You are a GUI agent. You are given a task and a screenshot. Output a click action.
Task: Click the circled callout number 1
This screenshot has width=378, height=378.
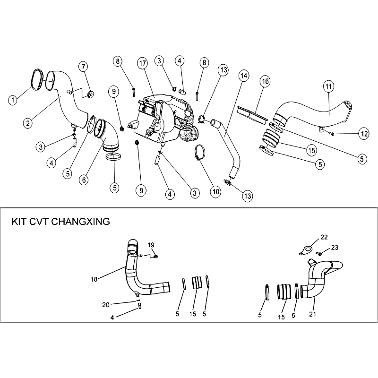coord(13,100)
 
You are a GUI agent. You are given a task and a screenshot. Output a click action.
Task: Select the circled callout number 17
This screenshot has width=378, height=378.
coord(143,63)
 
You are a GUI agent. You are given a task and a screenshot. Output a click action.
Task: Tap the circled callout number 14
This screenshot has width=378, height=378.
coord(244,76)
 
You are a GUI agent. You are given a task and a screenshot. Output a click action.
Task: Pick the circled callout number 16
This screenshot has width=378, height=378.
coord(265,81)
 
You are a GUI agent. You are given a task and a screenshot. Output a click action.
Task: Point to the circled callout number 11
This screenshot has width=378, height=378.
coord(329,86)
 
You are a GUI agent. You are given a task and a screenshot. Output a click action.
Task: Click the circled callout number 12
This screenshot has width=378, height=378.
coord(364,134)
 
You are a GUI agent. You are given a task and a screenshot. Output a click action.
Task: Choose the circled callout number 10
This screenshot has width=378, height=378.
coord(216,192)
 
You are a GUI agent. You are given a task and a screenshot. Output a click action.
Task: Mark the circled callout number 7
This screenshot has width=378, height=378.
coord(83,67)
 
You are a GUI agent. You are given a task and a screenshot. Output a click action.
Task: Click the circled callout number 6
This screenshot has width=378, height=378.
coord(84,180)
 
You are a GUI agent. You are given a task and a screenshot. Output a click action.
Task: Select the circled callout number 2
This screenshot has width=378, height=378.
coord(28,123)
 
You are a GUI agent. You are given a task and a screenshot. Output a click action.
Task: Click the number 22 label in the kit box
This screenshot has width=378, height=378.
coord(324,237)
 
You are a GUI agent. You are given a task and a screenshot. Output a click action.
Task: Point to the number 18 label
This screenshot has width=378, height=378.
coord(94,279)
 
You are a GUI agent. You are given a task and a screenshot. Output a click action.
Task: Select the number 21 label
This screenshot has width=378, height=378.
coord(312,314)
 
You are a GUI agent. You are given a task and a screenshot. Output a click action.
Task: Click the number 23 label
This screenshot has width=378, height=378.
coord(335,247)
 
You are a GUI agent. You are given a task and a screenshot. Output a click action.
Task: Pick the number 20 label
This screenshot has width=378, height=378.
coord(106,305)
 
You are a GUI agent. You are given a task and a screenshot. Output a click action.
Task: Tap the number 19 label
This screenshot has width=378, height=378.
coord(151,245)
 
